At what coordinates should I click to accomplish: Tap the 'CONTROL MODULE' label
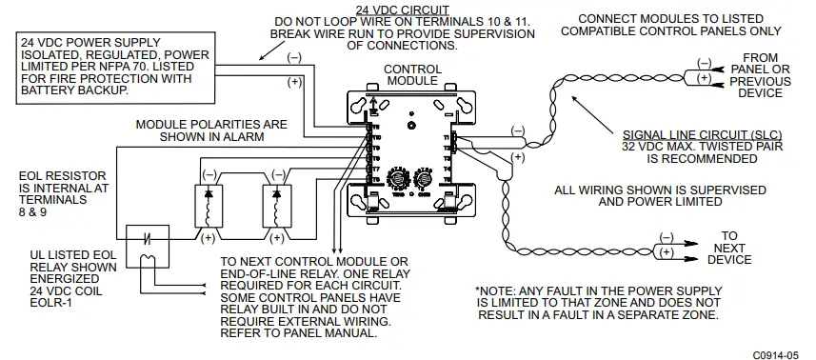[x=412, y=75]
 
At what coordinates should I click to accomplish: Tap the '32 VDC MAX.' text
[x=656, y=149]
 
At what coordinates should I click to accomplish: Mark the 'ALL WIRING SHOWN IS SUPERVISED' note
[x=660, y=190]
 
